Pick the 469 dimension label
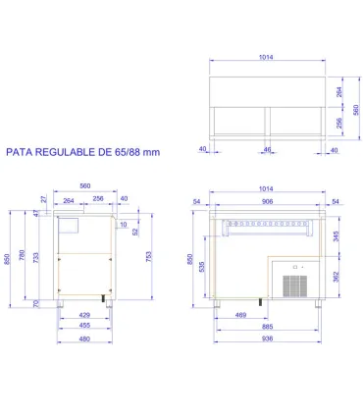[239, 315]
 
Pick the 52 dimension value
[134, 233]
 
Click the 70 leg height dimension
[36, 305]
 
